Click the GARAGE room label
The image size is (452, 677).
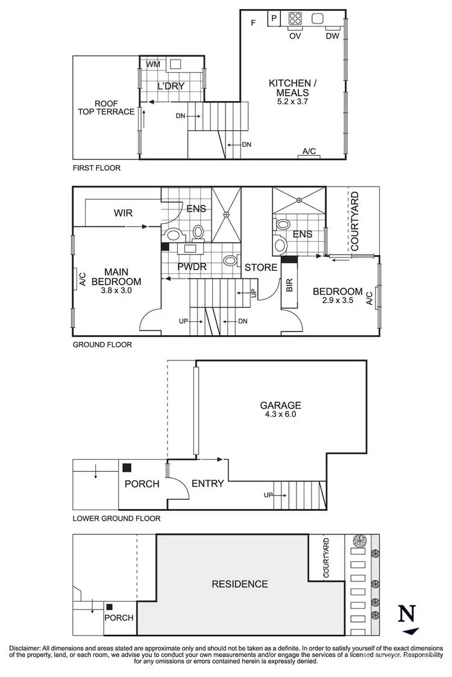(281, 406)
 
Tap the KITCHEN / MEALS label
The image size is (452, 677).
(289, 88)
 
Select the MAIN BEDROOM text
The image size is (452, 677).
(117, 277)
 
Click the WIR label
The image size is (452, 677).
(123, 213)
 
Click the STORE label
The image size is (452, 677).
(260, 267)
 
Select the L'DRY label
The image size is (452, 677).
(171, 86)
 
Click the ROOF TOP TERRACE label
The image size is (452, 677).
(105, 107)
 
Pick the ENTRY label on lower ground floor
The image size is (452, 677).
(207, 483)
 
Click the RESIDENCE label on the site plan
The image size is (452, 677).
(239, 584)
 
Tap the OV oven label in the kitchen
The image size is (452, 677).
(295, 36)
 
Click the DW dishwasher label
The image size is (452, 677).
(333, 36)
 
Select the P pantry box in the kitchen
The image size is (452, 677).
(274, 19)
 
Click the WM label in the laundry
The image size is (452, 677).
(152, 64)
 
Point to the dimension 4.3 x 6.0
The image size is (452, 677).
(281, 415)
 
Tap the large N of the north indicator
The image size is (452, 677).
(408, 614)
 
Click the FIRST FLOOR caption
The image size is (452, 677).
(96, 168)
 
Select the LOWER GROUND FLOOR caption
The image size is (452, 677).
(116, 518)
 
